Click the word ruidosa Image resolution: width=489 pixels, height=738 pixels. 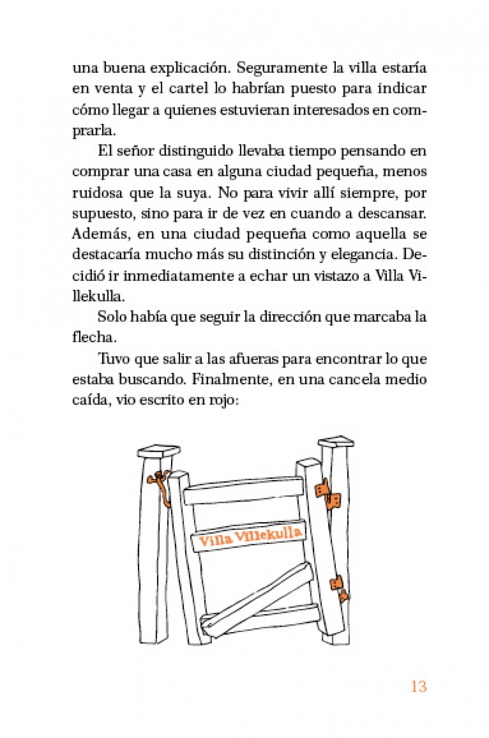(x=96, y=192)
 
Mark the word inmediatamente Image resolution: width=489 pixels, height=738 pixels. (x=178, y=276)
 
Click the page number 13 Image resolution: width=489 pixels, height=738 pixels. (x=418, y=686)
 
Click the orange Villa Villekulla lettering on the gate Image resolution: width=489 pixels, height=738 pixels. (x=250, y=536)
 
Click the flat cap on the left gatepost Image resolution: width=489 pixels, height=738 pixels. (x=159, y=451)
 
